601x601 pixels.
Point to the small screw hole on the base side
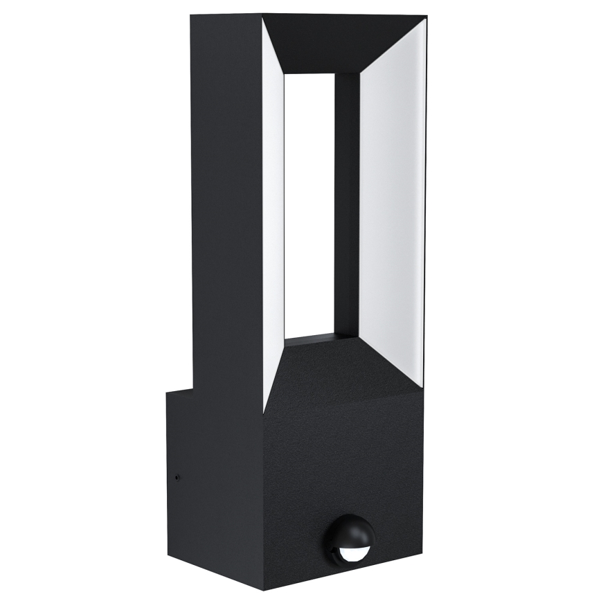pos(178,476)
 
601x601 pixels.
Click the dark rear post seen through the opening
pos(346,208)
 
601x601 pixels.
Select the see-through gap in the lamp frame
pos(309,208)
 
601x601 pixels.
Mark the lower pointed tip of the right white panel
pos(422,386)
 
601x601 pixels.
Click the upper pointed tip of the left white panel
pos(263,19)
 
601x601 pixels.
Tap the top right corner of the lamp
pos(426,17)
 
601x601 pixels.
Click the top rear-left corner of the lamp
pos(192,15)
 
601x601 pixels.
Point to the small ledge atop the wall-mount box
pos(180,392)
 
